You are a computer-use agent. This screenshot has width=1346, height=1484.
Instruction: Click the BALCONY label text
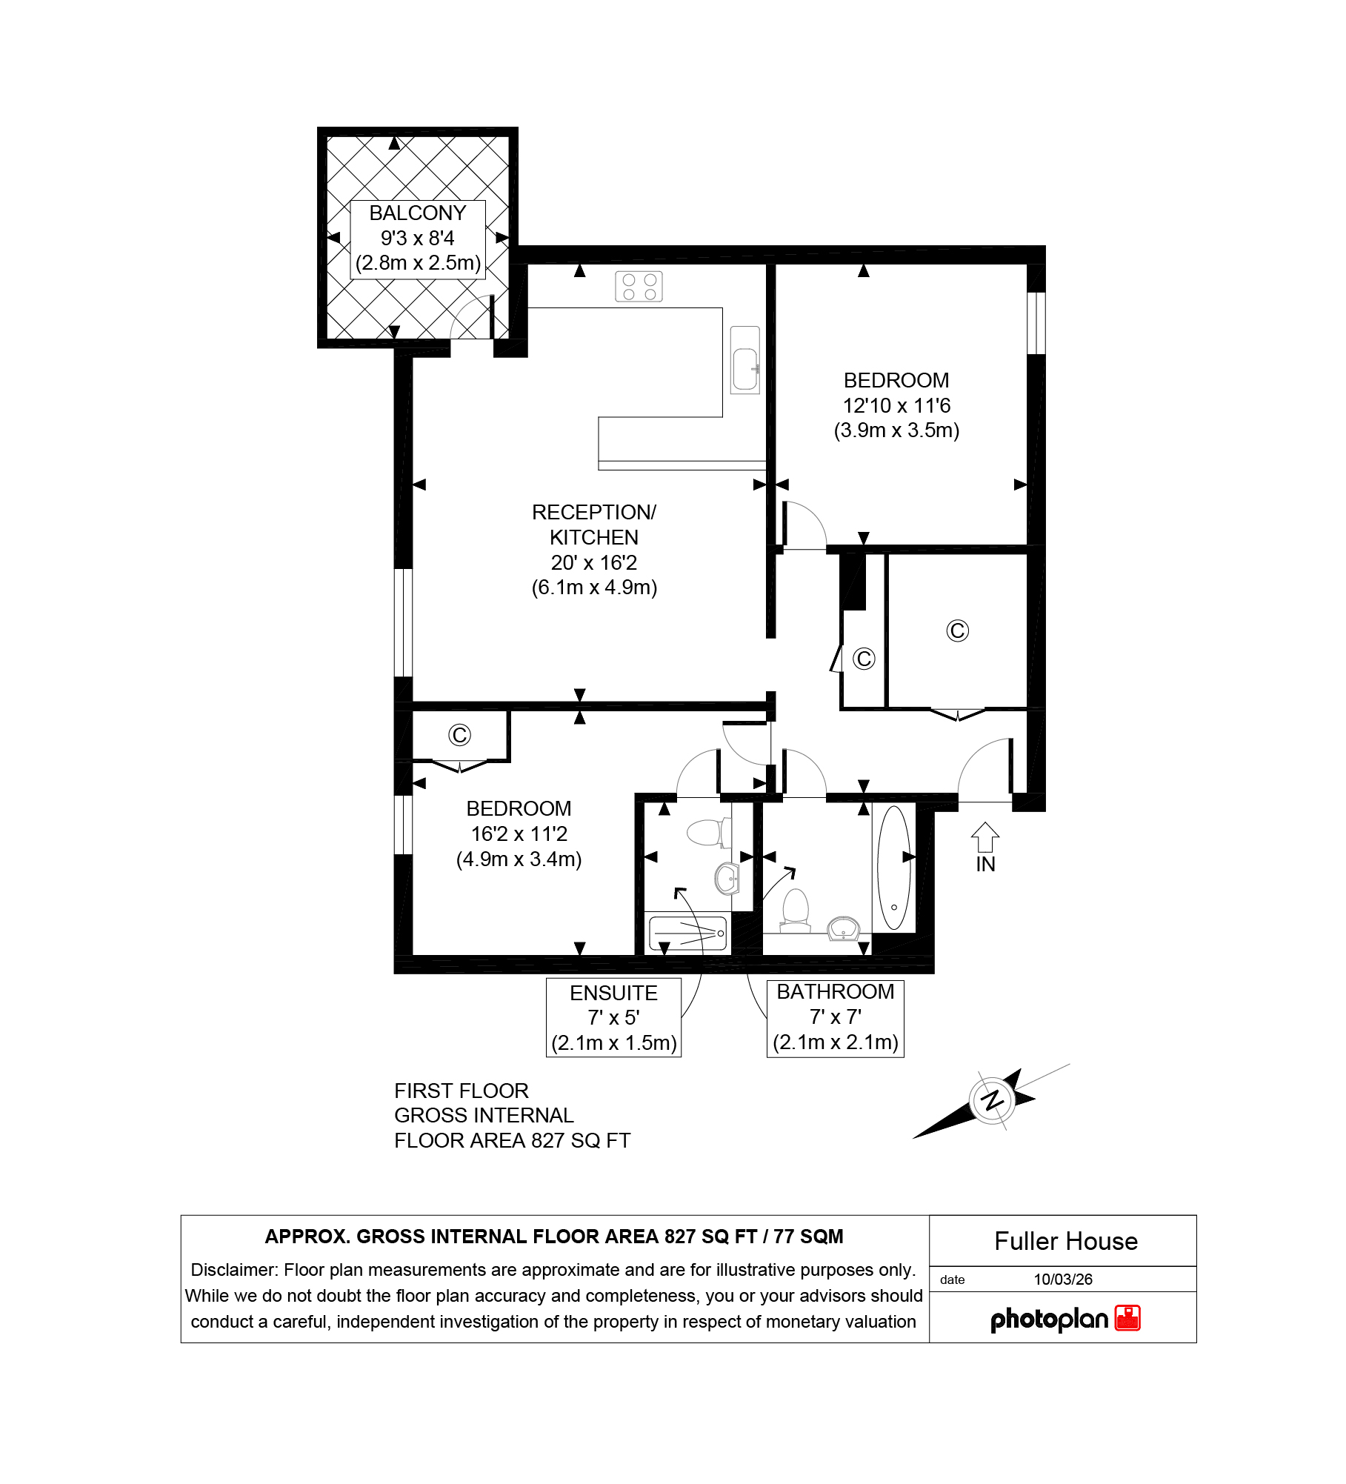point(418,213)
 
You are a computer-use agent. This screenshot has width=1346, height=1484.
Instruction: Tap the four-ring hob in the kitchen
point(639,287)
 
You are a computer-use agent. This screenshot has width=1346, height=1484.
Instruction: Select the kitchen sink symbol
point(745,360)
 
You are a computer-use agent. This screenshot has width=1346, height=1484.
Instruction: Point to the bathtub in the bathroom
point(893,868)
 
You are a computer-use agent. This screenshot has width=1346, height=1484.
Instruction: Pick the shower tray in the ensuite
point(687,934)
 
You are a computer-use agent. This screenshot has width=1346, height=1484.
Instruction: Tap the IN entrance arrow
point(985,837)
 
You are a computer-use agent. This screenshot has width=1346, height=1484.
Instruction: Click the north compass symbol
point(993,1100)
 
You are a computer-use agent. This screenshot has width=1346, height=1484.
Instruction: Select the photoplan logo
point(1065,1319)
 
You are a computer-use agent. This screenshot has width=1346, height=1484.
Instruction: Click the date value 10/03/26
point(1063,1280)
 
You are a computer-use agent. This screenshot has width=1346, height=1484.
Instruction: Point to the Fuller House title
point(1066,1241)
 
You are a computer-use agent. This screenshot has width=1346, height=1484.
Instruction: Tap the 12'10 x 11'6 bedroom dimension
point(896,406)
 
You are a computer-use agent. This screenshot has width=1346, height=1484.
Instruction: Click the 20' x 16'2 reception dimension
point(594,563)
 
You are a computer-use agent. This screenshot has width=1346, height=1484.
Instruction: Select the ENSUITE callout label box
point(613,1017)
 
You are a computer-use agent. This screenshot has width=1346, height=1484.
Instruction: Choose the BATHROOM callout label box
point(836,1017)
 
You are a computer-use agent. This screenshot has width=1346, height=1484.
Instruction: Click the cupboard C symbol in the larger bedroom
point(459,735)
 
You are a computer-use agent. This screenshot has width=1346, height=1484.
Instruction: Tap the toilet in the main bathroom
point(796,911)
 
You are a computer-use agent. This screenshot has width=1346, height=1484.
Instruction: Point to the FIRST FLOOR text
point(462,1091)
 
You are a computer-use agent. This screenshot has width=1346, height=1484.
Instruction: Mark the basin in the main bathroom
point(843,928)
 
